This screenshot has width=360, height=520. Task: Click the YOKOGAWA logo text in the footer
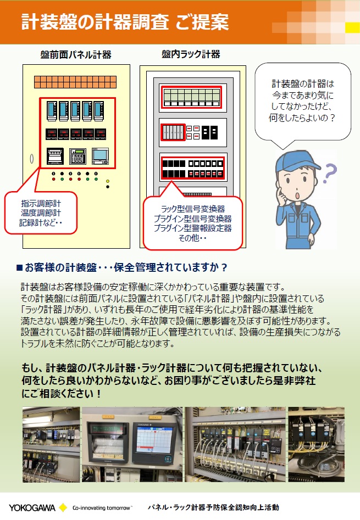pyautogui.click(x=32, y=507)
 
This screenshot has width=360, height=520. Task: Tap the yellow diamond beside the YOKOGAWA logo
pyautogui.click(x=63, y=507)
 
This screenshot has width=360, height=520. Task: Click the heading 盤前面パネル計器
pyautogui.click(x=76, y=54)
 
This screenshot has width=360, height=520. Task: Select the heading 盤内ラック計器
pyautogui.click(x=191, y=54)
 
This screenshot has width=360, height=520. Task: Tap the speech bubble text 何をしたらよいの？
pyautogui.click(x=303, y=118)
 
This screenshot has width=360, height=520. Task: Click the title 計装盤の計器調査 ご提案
pyautogui.click(x=125, y=23)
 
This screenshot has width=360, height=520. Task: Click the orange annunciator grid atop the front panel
pyautogui.click(x=76, y=82)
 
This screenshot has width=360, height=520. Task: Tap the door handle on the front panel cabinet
pyautogui.click(x=32, y=159)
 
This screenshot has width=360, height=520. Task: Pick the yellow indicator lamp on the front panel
pyautogui.click(x=108, y=181)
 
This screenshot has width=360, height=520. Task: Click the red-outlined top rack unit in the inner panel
pyautogui.click(x=191, y=98)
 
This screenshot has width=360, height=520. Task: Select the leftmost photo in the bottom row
pyautogui.click(x=51, y=443)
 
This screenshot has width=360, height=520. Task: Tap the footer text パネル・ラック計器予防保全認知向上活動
pyautogui.click(x=213, y=507)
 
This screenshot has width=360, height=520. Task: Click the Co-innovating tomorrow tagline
pyautogui.click(x=102, y=508)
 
